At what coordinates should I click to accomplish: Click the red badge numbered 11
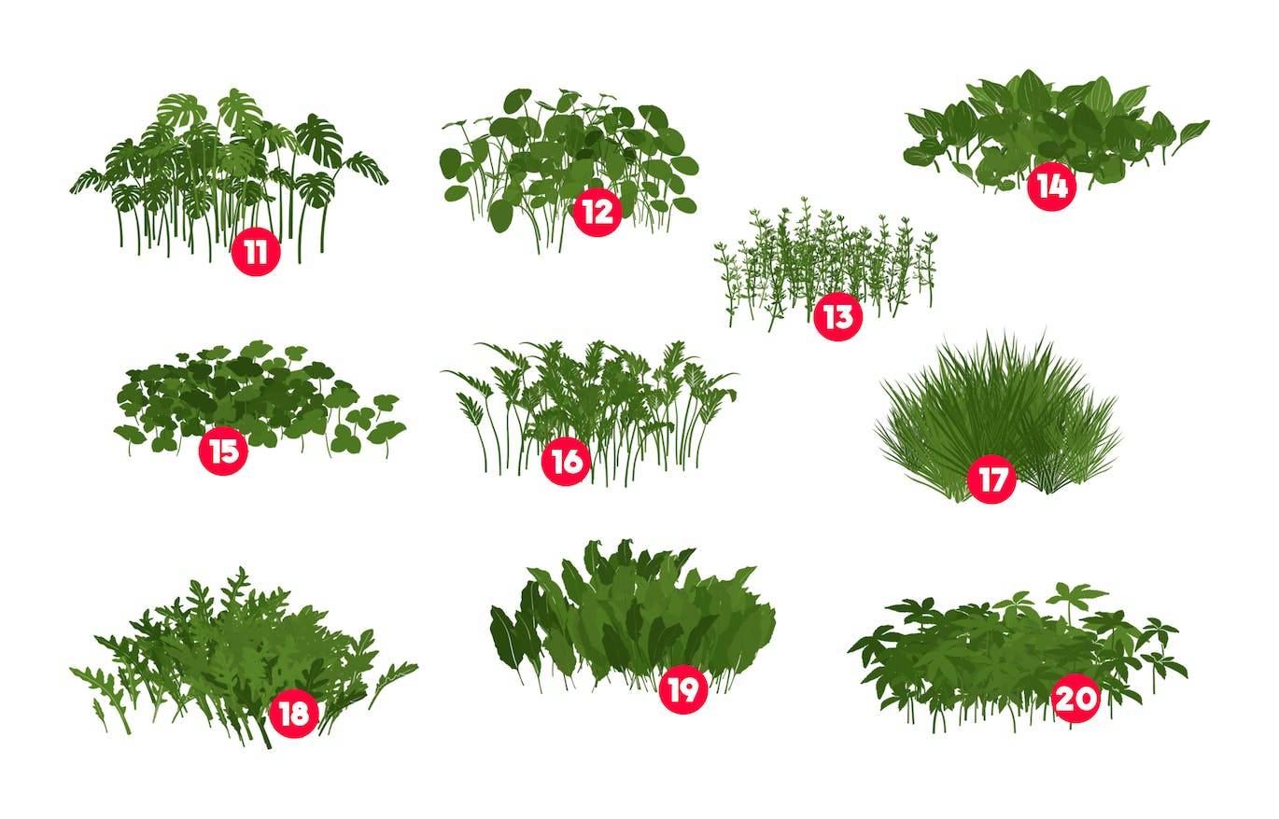pos(256,252)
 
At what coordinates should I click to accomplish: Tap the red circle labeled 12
pos(597,212)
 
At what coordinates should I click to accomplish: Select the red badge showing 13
pos(837,316)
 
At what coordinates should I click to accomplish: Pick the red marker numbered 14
pos(1051,187)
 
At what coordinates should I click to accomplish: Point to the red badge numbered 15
pos(223,451)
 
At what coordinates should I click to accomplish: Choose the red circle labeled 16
pos(566,461)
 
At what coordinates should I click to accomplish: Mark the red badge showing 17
pos(991,479)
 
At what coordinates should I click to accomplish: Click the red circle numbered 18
pos(294,713)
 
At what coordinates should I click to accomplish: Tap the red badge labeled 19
pos(682,689)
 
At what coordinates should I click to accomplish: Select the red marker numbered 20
pos(1075,698)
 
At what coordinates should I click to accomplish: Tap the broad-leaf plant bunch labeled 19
pos(634,616)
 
